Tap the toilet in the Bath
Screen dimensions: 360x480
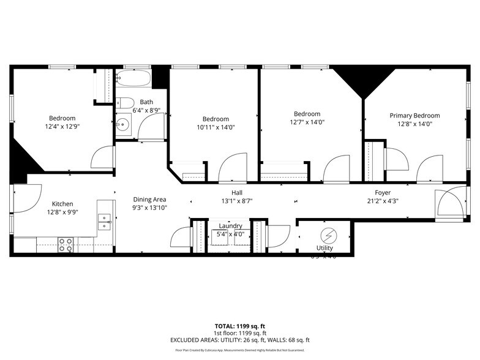(x=126, y=102)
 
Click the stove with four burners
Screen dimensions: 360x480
(x=66, y=244)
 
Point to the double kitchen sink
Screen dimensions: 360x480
(x=105, y=221)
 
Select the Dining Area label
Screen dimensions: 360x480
(x=150, y=200)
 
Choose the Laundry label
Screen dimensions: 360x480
(x=230, y=225)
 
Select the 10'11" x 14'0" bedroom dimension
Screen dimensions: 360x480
(x=216, y=127)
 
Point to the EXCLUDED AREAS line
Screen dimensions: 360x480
(x=239, y=340)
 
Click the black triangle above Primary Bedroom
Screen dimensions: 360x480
(x=365, y=80)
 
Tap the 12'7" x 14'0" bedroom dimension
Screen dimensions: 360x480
(x=307, y=122)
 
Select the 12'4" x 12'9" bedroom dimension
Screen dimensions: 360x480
(x=62, y=127)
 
